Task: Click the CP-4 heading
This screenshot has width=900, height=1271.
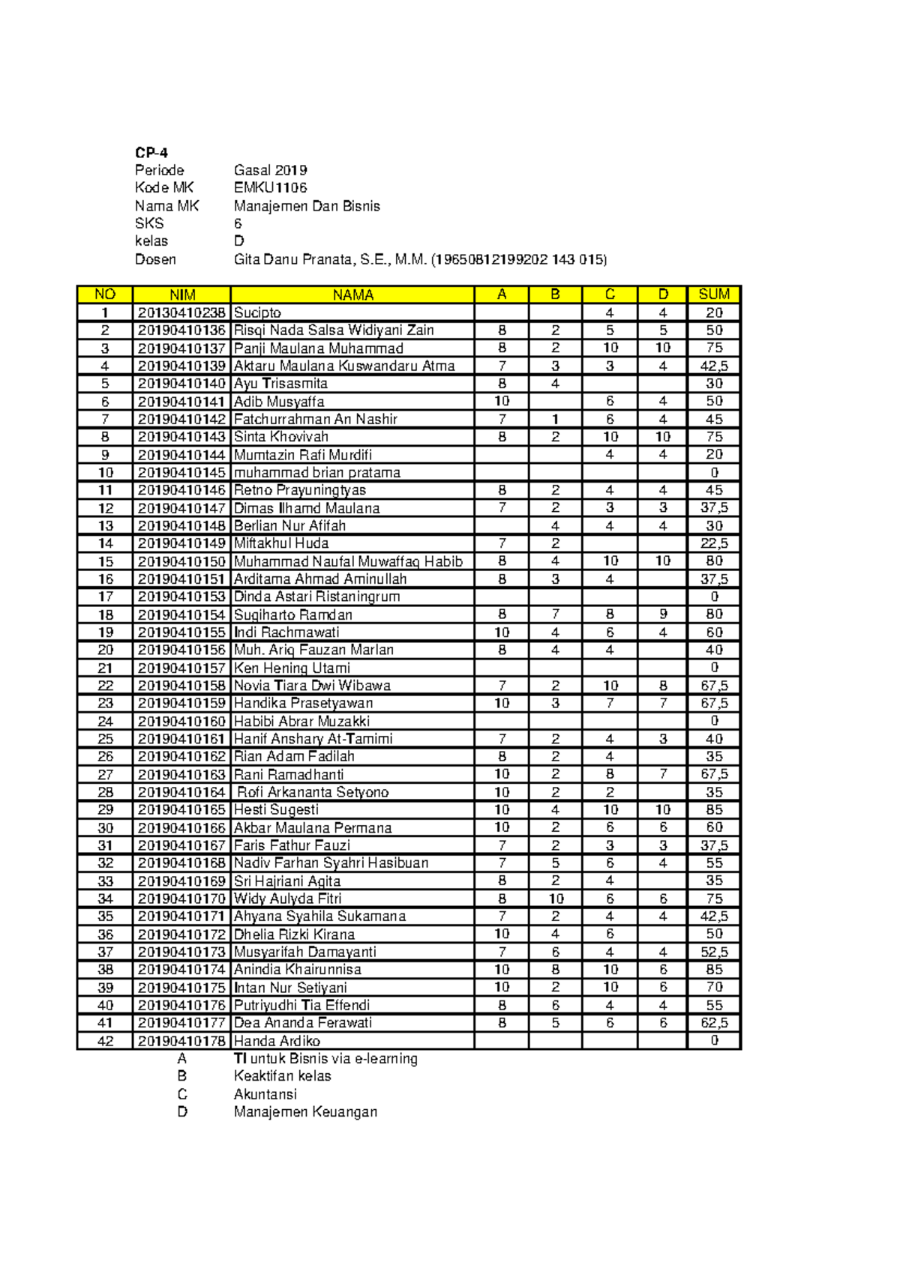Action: [151, 152]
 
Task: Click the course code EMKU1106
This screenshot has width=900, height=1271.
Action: [270, 187]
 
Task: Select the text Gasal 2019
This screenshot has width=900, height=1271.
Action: [270, 170]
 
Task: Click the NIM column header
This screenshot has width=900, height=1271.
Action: [182, 295]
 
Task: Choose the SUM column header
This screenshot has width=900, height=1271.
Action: [713, 295]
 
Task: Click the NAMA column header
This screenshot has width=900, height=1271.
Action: [352, 295]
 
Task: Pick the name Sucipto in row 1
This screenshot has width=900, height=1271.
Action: [257, 313]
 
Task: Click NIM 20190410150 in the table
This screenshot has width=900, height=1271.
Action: [181, 561]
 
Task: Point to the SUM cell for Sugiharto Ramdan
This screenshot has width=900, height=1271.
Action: [713, 615]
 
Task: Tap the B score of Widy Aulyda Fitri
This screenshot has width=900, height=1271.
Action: [555, 899]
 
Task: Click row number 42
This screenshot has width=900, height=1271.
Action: [105, 1041]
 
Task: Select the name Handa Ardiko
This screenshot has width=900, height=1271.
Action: [277, 1041]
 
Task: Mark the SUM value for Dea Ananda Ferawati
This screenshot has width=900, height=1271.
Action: [713, 1023]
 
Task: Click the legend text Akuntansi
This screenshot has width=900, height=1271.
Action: [265, 1094]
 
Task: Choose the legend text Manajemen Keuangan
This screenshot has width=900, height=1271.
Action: [305, 1112]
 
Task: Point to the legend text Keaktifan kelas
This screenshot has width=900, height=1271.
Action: [282, 1076]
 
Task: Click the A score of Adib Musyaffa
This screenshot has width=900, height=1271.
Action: [501, 401]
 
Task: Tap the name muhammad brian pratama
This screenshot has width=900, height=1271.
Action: [316, 472]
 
